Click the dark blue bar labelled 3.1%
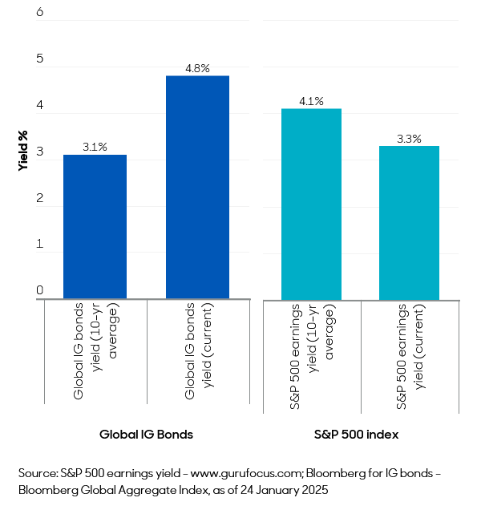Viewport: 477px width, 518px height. click(x=95, y=227)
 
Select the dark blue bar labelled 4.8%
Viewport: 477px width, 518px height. click(x=197, y=188)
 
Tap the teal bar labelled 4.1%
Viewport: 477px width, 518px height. click(x=311, y=204)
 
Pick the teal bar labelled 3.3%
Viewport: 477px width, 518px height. click(x=409, y=222)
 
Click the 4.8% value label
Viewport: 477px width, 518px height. click(x=197, y=69)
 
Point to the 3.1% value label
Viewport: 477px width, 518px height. click(x=95, y=148)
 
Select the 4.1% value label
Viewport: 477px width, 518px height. click(x=311, y=102)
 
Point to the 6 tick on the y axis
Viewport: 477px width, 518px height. click(x=40, y=14)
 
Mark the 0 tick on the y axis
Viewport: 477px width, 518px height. click(x=40, y=290)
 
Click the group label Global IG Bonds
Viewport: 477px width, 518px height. click(x=146, y=434)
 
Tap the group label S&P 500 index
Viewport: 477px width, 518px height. click(x=360, y=434)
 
